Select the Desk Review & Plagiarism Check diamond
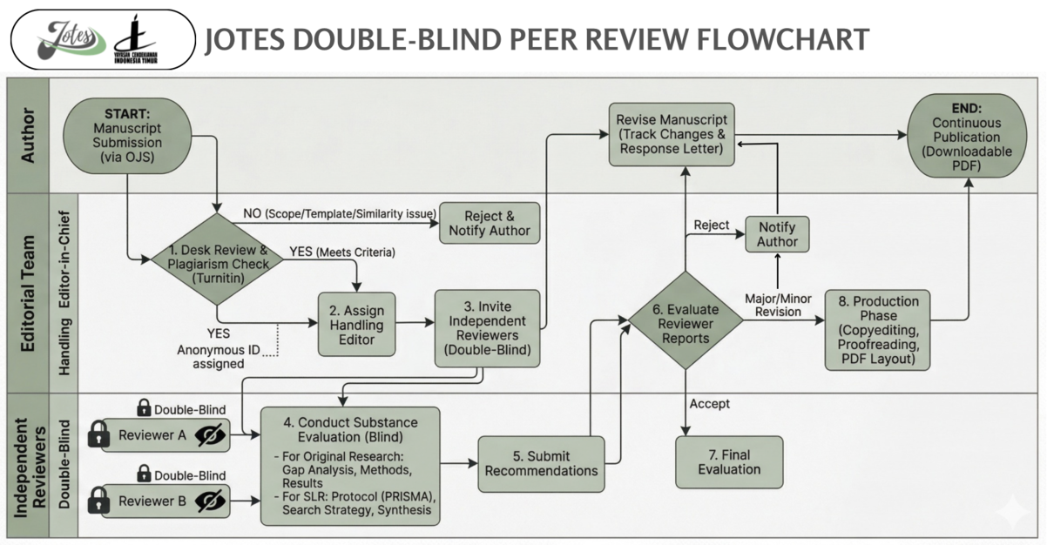click(x=216, y=258)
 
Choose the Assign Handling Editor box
click(x=356, y=325)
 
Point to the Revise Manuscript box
click(x=669, y=133)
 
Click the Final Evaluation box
click(x=729, y=461)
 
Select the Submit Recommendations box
click(x=541, y=463)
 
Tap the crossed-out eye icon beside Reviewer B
click(x=210, y=501)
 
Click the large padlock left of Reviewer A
click(x=99, y=434)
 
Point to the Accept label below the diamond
click(x=708, y=404)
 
